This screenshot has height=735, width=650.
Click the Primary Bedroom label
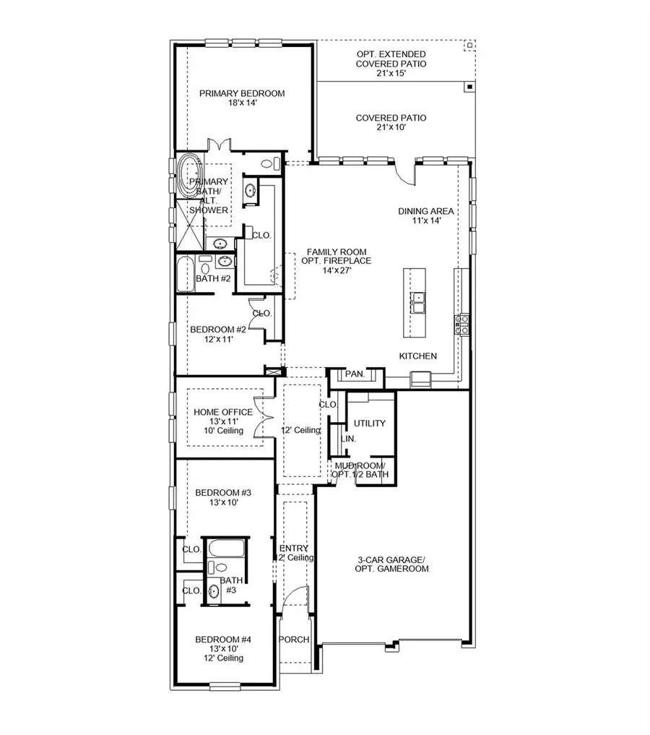[x=242, y=98]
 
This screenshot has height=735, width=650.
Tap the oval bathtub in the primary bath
[x=190, y=176]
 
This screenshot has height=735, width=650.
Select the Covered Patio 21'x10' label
[x=391, y=123]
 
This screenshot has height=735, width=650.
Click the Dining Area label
[x=426, y=215]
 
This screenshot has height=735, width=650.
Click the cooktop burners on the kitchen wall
[x=461, y=324]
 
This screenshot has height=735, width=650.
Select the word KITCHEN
[x=418, y=356]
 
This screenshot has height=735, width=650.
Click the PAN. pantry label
[x=355, y=374]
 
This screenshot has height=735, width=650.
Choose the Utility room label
[x=369, y=424]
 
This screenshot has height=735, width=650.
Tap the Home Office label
[x=223, y=421]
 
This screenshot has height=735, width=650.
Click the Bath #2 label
[x=213, y=278]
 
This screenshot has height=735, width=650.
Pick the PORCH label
[x=295, y=640]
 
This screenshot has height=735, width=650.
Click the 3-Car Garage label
[x=393, y=564]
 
